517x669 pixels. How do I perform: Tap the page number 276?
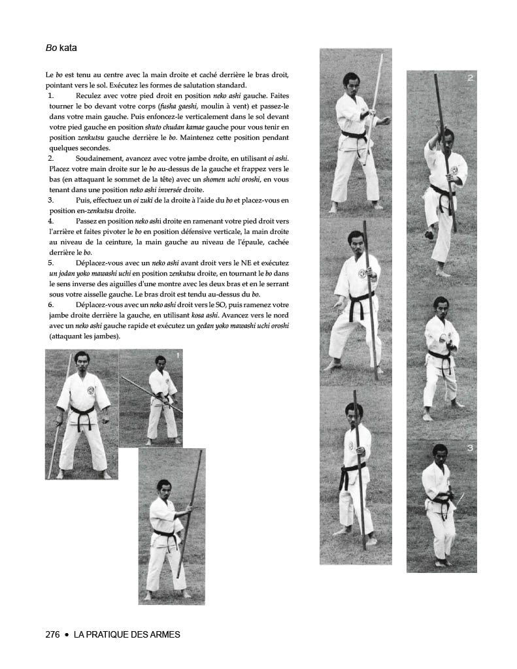53,634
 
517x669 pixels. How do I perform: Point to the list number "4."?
51,221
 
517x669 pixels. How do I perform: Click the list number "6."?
51,305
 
